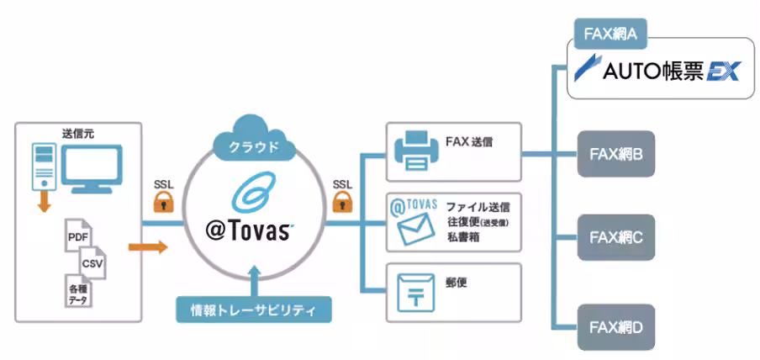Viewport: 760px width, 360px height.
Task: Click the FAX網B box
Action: [616, 154]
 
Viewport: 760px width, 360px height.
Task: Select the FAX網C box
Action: [616, 237]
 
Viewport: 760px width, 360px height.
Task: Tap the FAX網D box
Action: [616, 327]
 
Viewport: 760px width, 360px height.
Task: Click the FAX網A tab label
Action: [610, 34]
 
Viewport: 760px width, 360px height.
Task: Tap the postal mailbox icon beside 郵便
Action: [416, 294]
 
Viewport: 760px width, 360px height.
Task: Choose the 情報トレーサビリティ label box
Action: [253, 310]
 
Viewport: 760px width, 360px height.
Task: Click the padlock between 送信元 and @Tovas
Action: [163, 201]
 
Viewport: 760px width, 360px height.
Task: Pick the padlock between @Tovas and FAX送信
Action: [342, 201]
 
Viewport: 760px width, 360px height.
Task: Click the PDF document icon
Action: [78, 236]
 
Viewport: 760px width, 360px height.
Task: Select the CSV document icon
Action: [92, 263]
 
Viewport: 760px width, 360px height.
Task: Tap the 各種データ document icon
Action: [78, 290]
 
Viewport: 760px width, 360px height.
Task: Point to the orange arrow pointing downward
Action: [45, 203]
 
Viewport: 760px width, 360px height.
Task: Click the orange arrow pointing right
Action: [148, 247]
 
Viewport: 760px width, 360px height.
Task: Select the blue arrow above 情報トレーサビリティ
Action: [255, 280]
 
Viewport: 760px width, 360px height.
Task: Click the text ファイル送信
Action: [478, 208]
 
